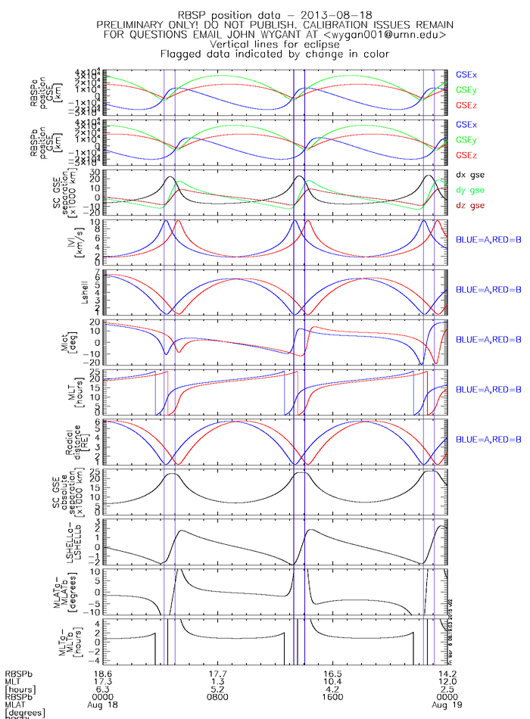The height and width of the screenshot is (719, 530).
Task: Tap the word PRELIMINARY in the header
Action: tap(136, 25)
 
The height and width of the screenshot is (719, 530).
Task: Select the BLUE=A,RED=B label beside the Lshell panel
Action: tap(488, 290)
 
